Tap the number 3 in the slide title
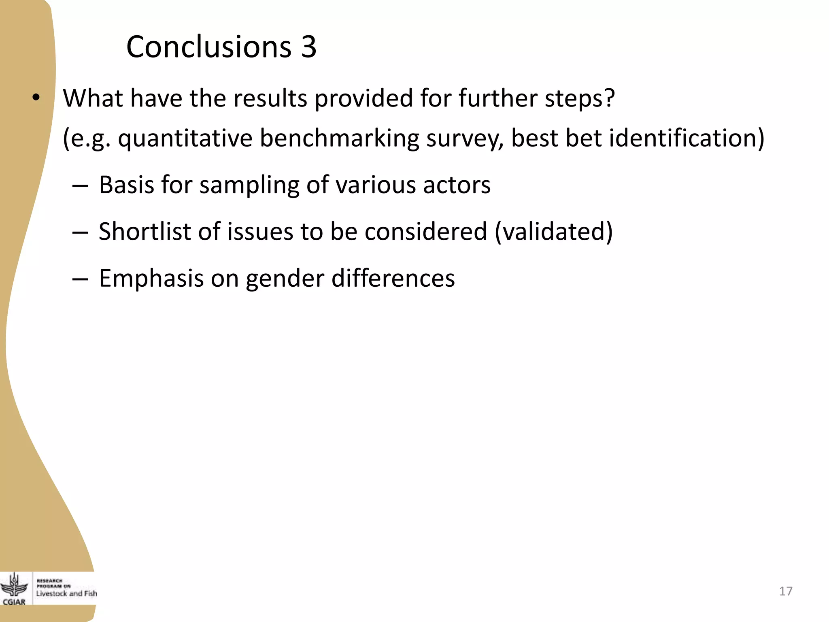pyautogui.click(x=308, y=47)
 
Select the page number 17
pyautogui.click(x=786, y=591)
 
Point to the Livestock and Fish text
pyautogui.click(x=67, y=593)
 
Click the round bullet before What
pyautogui.click(x=36, y=98)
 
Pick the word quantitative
pyautogui.click(x=185, y=138)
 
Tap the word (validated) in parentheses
pyautogui.click(x=554, y=232)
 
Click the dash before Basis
pyautogui.click(x=80, y=185)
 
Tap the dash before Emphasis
pyautogui.click(x=80, y=279)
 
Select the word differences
pyautogui.click(x=393, y=278)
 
